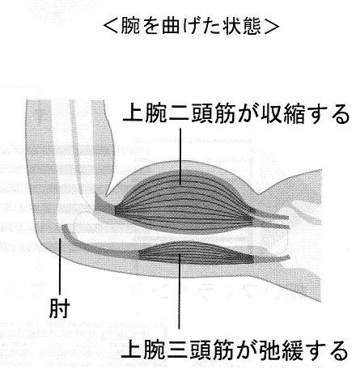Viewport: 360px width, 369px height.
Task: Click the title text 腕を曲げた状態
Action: point(191,27)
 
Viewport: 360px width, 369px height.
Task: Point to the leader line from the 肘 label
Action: point(60,266)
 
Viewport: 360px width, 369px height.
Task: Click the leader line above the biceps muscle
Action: point(180,156)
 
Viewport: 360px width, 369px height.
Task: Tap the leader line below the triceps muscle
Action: point(179,291)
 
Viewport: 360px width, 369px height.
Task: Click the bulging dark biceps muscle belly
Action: point(184,202)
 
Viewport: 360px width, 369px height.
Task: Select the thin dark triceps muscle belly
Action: point(196,253)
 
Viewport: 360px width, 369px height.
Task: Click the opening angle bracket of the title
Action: point(111,27)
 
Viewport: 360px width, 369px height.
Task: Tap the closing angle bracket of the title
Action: point(272,27)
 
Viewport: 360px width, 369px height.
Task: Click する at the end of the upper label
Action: point(329,113)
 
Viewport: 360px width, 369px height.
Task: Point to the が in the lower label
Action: point(245,350)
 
